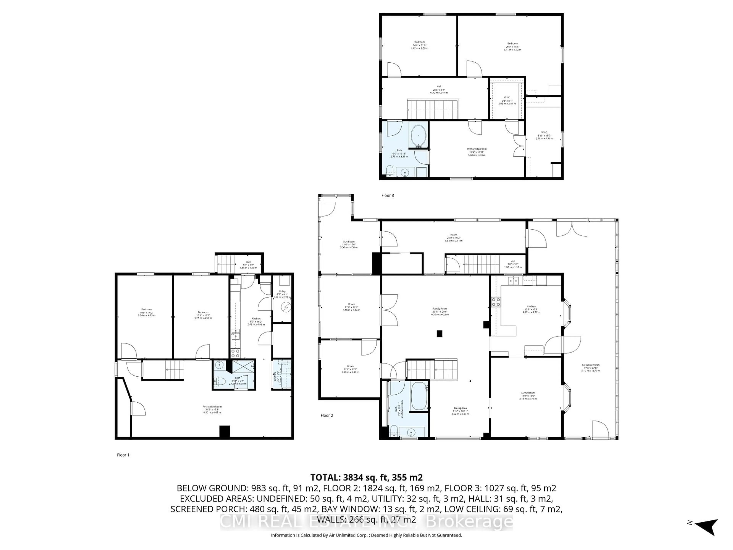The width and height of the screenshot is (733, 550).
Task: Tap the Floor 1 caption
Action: (123, 455)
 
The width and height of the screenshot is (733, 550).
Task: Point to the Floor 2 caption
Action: (327, 415)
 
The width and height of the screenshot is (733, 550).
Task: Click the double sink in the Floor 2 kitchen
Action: (514, 281)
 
